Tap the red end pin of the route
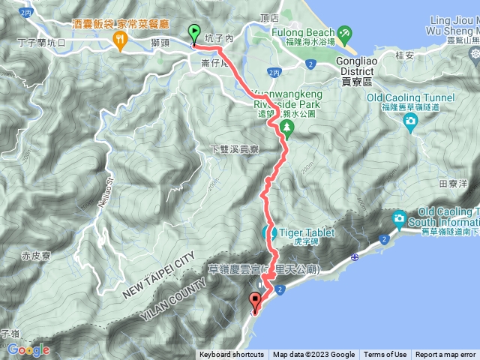point(255,302)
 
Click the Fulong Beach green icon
point(344,33)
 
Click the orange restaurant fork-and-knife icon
point(119,40)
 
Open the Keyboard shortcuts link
point(232,355)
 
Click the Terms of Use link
point(385,355)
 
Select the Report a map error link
point(445,355)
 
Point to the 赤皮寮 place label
point(34,256)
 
